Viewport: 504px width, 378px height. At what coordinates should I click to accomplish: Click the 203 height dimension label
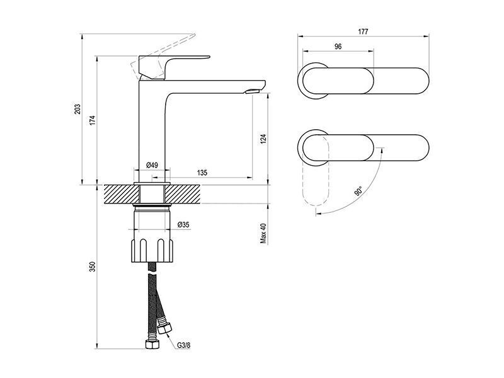click(77, 109)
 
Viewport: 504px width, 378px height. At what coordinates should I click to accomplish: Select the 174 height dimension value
click(93, 120)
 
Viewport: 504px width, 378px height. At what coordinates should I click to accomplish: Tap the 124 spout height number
click(263, 139)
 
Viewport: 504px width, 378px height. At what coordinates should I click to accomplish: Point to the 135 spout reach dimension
click(202, 173)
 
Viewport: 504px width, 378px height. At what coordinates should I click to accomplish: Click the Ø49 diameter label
click(152, 165)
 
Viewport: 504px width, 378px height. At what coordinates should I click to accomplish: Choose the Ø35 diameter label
click(183, 225)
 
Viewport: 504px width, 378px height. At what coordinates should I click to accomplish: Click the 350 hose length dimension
click(93, 267)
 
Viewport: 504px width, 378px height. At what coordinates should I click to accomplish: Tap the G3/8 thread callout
click(184, 346)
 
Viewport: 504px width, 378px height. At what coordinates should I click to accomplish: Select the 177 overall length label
click(363, 31)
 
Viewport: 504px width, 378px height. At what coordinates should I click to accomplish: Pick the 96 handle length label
click(338, 46)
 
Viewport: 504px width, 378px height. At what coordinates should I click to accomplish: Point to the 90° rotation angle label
click(358, 191)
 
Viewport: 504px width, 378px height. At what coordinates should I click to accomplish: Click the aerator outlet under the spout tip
click(251, 91)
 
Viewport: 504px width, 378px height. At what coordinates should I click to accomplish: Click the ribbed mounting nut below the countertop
click(152, 250)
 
